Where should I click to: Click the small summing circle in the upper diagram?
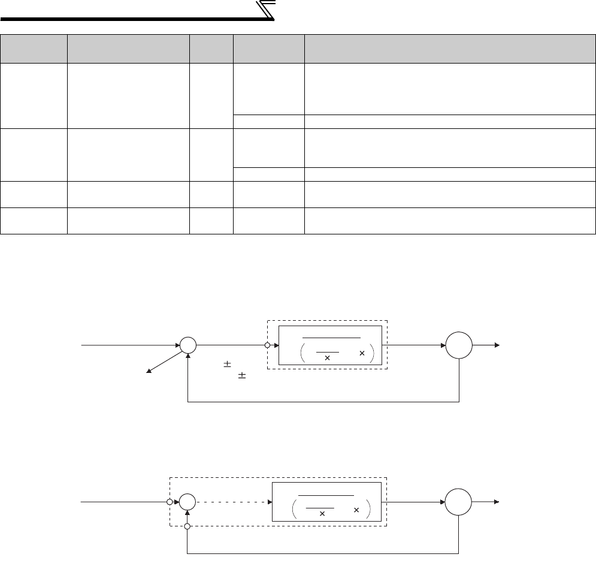pos(188,345)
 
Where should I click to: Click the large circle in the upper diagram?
pos(459,346)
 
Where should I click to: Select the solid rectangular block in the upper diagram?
pos(330,346)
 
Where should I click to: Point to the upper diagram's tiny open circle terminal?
pos(267,345)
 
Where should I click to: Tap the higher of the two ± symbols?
pos(227,365)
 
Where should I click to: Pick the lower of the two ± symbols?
pos(242,376)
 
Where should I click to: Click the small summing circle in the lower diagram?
pos(188,502)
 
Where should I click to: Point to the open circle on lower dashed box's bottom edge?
pos(188,526)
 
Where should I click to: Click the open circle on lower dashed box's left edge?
pos(170,502)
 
